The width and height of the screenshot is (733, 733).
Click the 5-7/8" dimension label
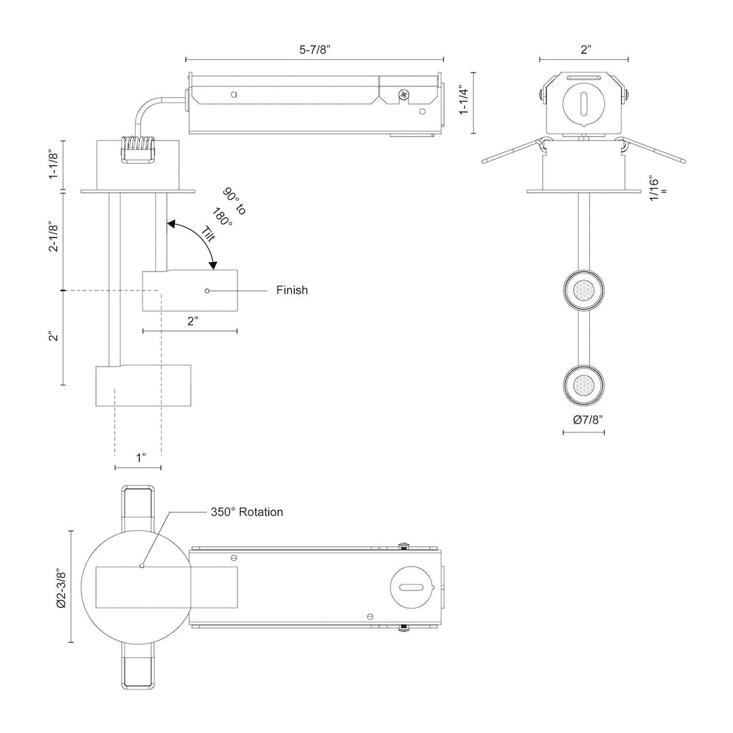click(314, 49)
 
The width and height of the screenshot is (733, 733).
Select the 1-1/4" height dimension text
click(464, 100)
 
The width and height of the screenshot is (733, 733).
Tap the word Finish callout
click(292, 290)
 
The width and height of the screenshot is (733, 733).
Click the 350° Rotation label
click(246, 512)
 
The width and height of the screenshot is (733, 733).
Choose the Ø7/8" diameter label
click(584, 419)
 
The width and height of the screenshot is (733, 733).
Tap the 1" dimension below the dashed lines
click(140, 457)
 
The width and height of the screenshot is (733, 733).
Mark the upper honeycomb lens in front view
click(583, 291)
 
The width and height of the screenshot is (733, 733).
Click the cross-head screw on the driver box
click(404, 95)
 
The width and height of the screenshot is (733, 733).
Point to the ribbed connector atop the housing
click(137, 149)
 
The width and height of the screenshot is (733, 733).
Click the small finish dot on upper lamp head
click(207, 290)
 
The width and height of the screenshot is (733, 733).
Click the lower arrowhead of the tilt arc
click(213, 265)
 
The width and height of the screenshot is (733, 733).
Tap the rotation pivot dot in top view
click(141, 565)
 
